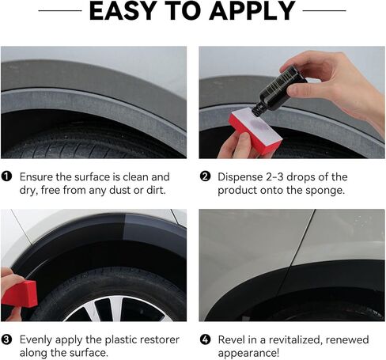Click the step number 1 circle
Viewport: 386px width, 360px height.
click(x=6, y=177)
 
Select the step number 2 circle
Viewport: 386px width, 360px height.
click(x=204, y=177)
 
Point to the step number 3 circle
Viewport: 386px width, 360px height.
click(x=6, y=339)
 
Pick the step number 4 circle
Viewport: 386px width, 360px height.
click(x=204, y=339)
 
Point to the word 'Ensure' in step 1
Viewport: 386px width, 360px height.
click(x=38, y=177)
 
